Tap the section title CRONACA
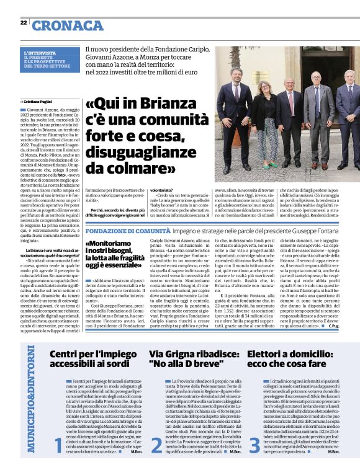(x=68, y=25)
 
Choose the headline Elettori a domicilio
(x=288, y=360)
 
